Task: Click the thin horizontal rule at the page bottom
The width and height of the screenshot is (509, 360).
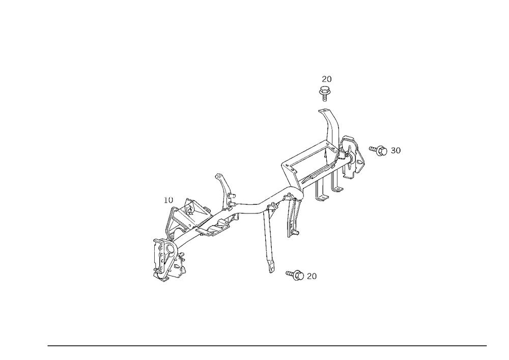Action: click(x=267, y=345)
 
